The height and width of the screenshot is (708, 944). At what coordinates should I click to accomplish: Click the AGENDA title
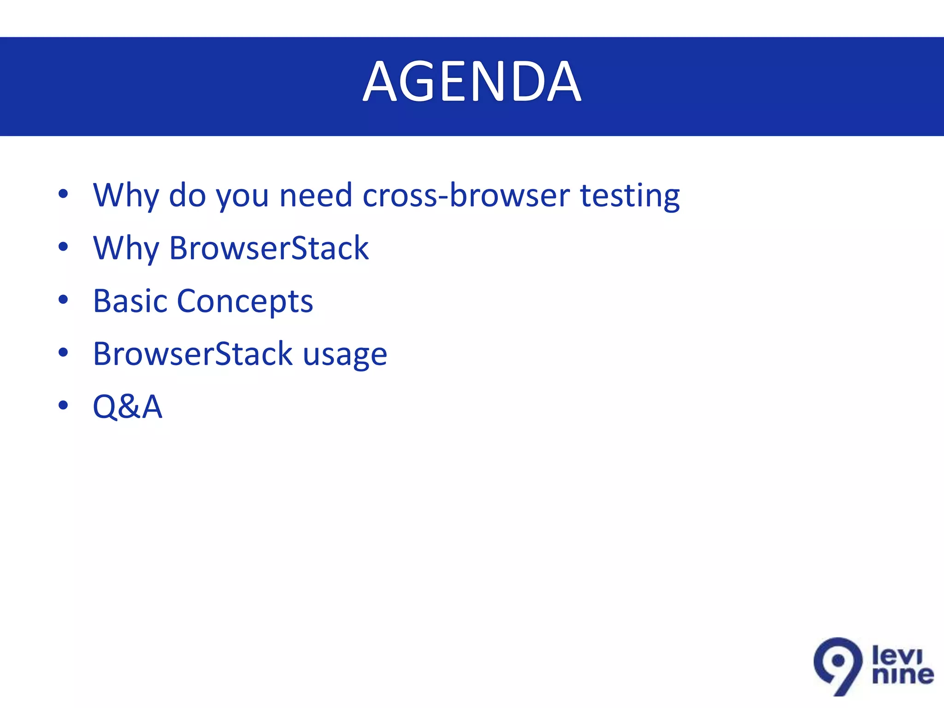point(472,82)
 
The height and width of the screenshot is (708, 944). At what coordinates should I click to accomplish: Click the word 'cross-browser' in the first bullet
point(466,195)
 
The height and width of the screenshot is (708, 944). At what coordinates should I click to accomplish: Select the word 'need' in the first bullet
point(316,195)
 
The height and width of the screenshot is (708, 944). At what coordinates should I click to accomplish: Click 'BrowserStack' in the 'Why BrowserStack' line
point(269,248)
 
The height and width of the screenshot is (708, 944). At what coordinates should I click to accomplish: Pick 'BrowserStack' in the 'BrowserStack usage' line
point(193,354)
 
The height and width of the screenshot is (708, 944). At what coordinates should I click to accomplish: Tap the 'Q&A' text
point(128,407)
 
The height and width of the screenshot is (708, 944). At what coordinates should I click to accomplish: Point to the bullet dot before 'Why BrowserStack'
point(63,247)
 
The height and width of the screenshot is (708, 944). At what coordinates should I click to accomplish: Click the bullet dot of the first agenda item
point(63,194)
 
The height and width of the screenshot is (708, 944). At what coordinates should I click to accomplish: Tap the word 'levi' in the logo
point(897,655)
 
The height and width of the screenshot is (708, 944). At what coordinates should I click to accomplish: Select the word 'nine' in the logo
point(903,676)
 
